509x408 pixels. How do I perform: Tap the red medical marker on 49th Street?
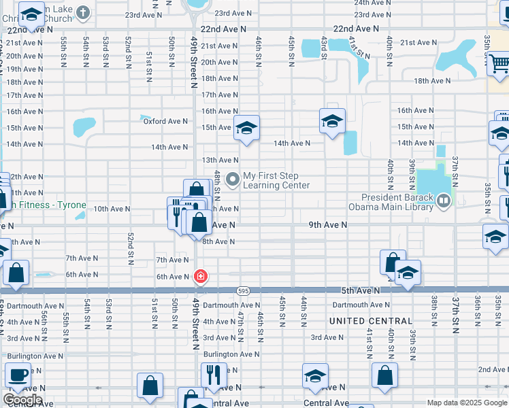tap(201, 276)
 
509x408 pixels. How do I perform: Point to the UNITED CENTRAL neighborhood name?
tap(371, 321)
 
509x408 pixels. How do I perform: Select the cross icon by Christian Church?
tap(82, 12)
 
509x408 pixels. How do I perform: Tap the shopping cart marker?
tap(499, 64)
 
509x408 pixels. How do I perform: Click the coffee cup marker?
tap(16, 374)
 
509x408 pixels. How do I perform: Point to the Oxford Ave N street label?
tap(165, 121)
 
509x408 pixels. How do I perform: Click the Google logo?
tap(22, 400)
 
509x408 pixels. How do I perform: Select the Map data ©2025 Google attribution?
tap(466, 403)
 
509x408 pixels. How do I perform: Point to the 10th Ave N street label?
tap(111, 209)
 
